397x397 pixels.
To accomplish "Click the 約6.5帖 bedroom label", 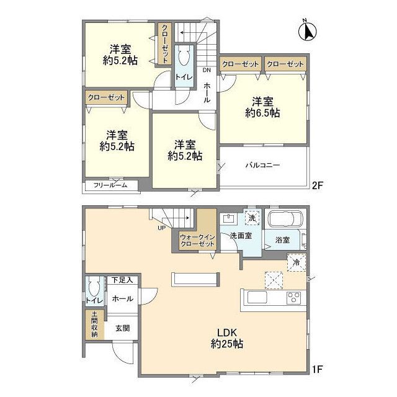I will (x=262, y=107).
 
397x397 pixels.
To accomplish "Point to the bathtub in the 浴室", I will (x=284, y=220).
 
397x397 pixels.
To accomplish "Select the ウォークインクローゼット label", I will (x=197, y=241).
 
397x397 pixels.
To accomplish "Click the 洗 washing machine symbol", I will (x=252, y=218).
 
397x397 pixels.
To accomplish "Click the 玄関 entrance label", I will (x=122, y=329).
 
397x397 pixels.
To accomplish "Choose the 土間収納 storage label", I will (x=94, y=324).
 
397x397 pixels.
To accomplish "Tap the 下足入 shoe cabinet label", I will (x=122, y=280).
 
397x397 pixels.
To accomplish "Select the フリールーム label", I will (x=110, y=185).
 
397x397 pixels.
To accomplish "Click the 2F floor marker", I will (x=316, y=184).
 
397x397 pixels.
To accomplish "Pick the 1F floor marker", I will (x=317, y=371).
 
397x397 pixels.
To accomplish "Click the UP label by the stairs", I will (x=161, y=228).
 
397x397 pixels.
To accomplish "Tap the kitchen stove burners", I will (x=292, y=298).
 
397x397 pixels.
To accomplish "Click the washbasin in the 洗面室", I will (x=229, y=218).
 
